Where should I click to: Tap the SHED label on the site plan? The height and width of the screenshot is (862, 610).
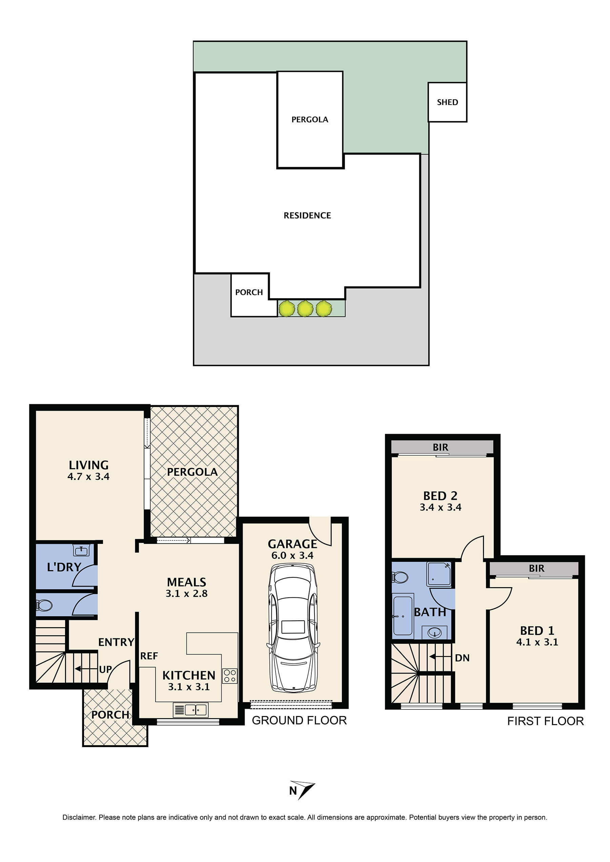(x=447, y=102)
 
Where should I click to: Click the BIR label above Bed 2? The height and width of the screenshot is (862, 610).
(x=440, y=447)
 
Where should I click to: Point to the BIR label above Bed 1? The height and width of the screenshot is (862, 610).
(x=536, y=568)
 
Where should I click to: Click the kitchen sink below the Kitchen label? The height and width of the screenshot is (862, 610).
(x=190, y=710)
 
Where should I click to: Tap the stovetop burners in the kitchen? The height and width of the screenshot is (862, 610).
(x=229, y=676)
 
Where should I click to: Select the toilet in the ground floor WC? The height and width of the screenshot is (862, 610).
(x=44, y=605)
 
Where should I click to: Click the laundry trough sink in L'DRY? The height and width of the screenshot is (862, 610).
(x=81, y=551)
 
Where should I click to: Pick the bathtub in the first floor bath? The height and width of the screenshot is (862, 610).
(x=403, y=616)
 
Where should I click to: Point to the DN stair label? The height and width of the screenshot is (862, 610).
(x=462, y=658)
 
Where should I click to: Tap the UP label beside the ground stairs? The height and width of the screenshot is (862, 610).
(x=105, y=669)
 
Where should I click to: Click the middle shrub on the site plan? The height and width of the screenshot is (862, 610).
(x=305, y=309)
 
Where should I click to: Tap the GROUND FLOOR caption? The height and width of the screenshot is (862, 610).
(x=299, y=720)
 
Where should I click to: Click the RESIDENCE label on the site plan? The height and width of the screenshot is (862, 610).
(x=307, y=215)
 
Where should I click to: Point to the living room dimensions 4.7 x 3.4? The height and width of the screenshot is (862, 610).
(x=89, y=477)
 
